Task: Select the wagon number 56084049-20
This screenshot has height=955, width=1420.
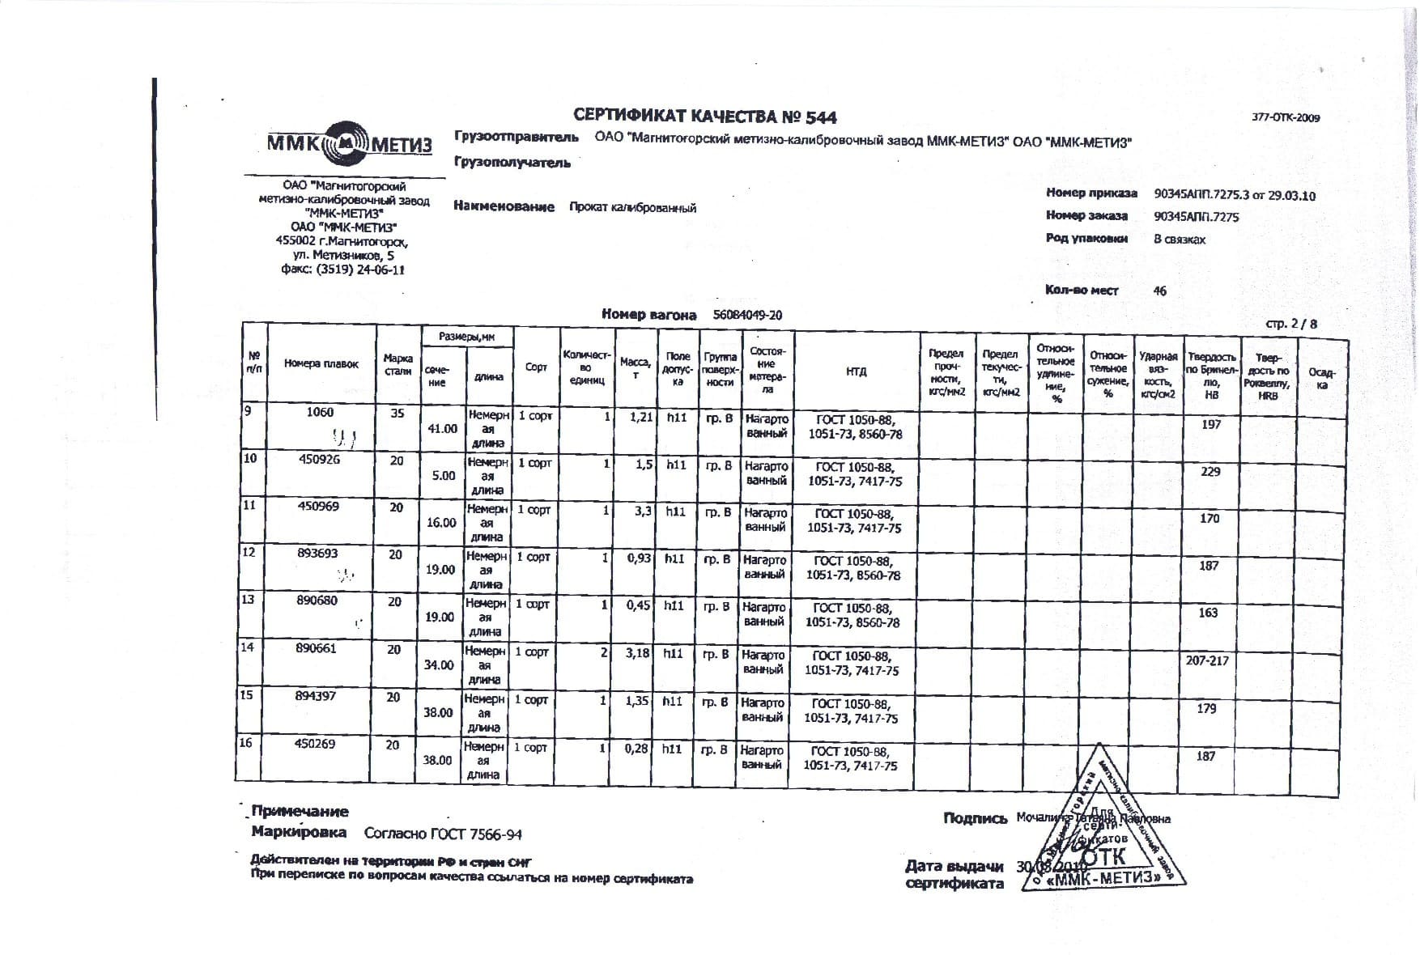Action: tap(747, 315)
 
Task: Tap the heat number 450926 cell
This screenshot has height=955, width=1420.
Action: tap(320, 459)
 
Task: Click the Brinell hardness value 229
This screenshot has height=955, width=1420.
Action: tap(1210, 472)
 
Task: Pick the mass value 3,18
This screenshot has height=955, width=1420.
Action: tap(637, 652)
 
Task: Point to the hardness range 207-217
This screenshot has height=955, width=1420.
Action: tap(1207, 660)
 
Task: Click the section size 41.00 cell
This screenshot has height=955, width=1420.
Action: tap(442, 428)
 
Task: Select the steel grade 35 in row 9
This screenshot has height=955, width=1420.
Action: tap(397, 413)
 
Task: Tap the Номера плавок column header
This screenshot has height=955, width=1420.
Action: tap(321, 364)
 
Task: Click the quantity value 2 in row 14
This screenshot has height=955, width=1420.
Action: tap(605, 652)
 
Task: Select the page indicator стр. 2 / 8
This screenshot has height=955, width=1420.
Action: tap(1291, 324)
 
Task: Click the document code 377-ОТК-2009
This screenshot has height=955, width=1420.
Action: tap(1286, 117)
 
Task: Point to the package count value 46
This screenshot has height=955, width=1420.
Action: tap(1159, 291)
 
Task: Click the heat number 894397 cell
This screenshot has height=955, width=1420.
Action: tap(317, 696)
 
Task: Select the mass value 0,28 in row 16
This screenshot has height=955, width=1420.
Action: tap(636, 749)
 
